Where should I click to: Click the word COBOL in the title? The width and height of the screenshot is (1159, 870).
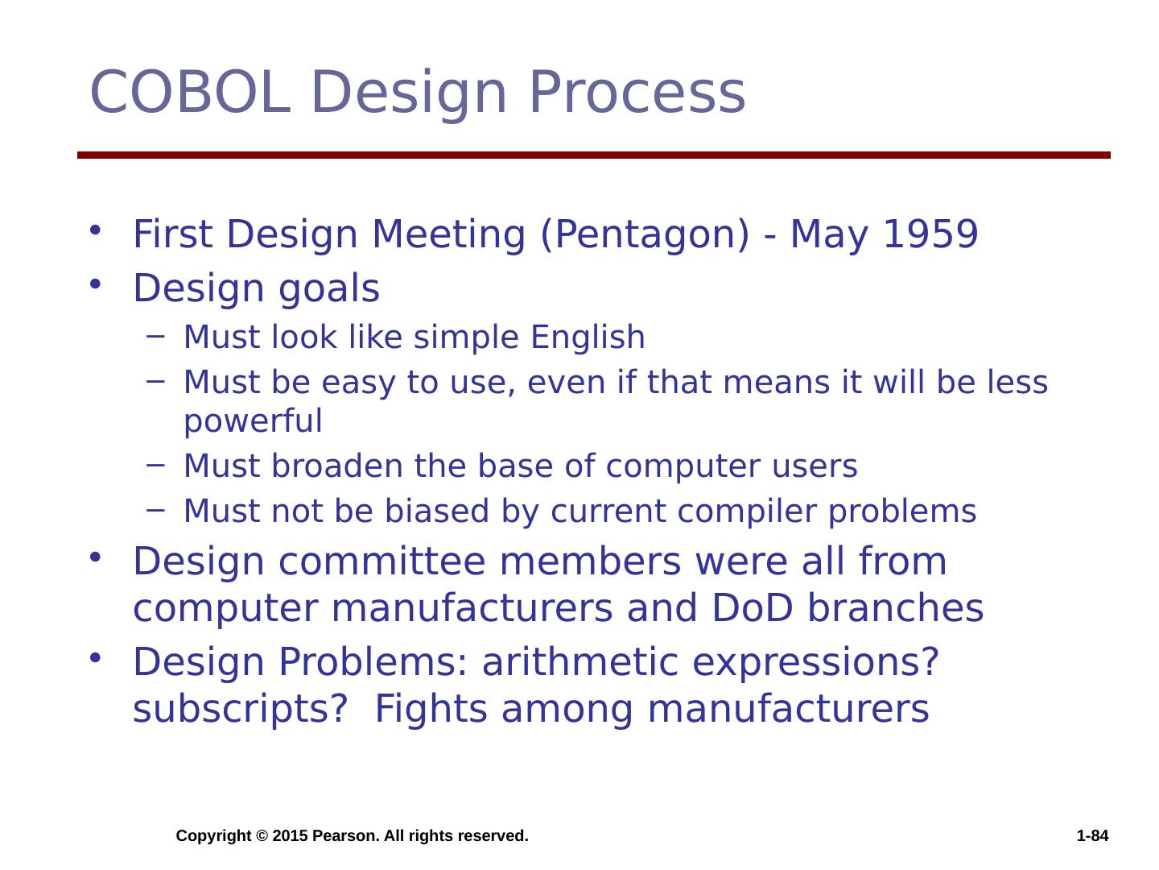(x=191, y=92)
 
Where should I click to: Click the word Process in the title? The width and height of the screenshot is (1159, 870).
(x=637, y=92)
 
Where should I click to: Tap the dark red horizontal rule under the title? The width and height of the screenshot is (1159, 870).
(x=593, y=155)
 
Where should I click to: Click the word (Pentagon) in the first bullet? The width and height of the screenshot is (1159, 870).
(x=645, y=235)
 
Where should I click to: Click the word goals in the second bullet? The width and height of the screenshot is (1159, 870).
(x=328, y=289)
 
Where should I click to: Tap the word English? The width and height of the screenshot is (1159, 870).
(x=588, y=338)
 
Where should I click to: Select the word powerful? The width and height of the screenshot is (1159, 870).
(x=253, y=421)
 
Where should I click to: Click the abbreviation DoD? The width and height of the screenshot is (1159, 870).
(x=752, y=607)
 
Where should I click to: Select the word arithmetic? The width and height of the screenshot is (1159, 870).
(x=579, y=661)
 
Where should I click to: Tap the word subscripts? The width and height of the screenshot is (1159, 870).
(x=240, y=710)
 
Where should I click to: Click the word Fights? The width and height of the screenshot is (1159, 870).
(x=431, y=710)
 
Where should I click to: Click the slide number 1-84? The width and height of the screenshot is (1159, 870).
(x=1092, y=835)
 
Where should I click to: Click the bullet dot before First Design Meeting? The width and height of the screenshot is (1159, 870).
(x=95, y=230)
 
